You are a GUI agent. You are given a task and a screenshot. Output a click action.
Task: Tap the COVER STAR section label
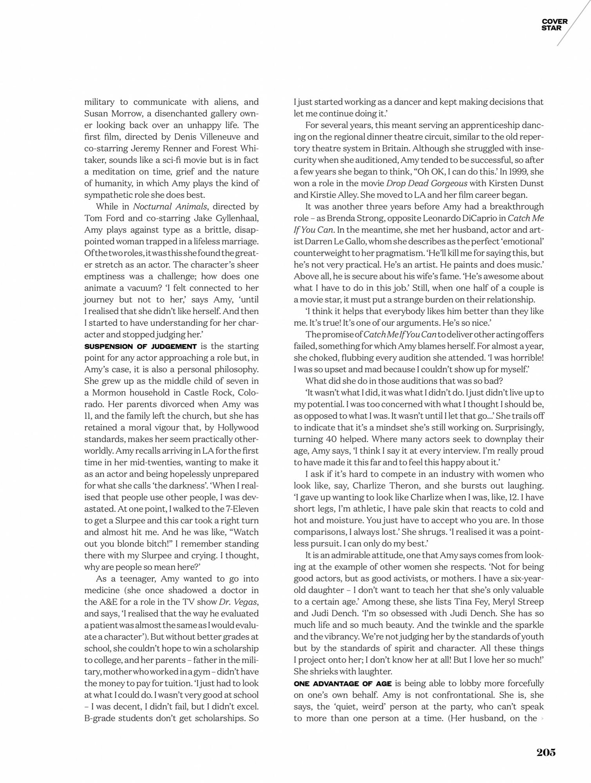pos(554,25)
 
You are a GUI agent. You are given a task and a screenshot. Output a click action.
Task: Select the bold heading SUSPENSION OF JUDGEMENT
pos(140,346)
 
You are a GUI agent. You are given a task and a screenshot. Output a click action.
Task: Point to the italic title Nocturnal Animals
pos(170,207)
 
